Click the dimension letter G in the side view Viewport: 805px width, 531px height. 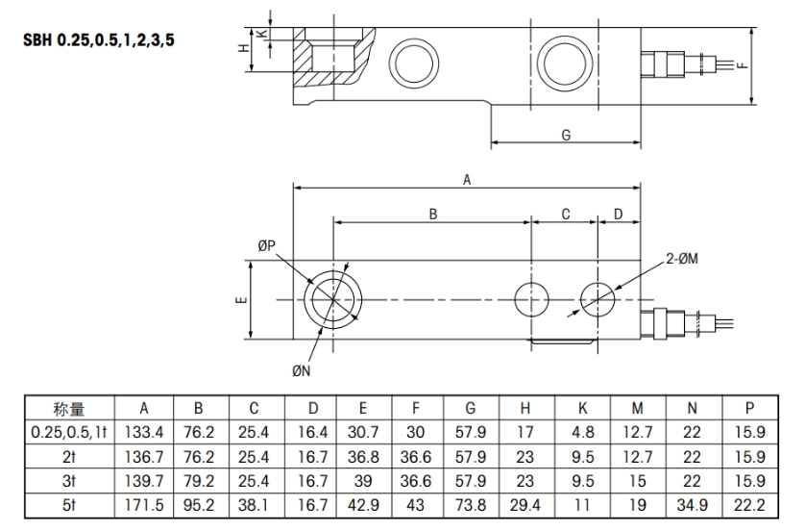[x=566, y=135]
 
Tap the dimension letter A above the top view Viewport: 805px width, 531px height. [x=468, y=179]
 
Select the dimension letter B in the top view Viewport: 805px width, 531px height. [x=432, y=215]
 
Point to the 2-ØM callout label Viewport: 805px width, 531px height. [x=683, y=259]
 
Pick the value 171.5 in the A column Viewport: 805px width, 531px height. [x=145, y=505]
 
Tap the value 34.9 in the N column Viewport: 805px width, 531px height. [x=692, y=505]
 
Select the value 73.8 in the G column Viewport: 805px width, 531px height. [x=471, y=505]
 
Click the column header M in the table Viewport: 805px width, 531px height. [x=637, y=410]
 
